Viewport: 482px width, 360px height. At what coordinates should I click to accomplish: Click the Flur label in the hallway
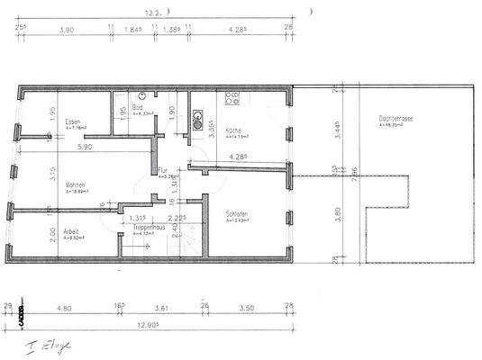click(x=163, y=170)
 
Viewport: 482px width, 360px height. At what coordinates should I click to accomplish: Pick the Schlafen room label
click(x=238, y=213)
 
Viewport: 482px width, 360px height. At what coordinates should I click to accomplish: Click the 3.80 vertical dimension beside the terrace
click(x=335, y=216)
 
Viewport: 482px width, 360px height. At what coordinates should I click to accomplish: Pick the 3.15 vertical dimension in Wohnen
click(x=28, y=171)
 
